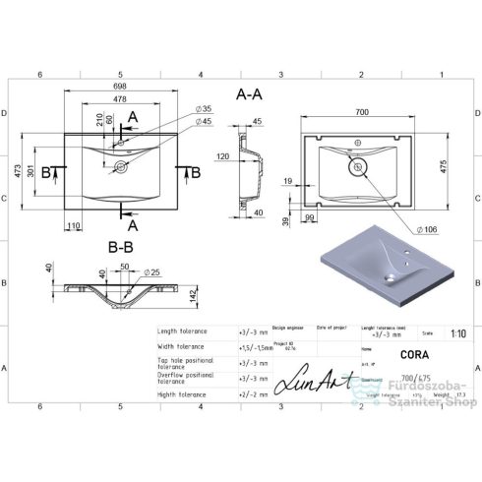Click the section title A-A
coord(250,93)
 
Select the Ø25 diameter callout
coord(152,271)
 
